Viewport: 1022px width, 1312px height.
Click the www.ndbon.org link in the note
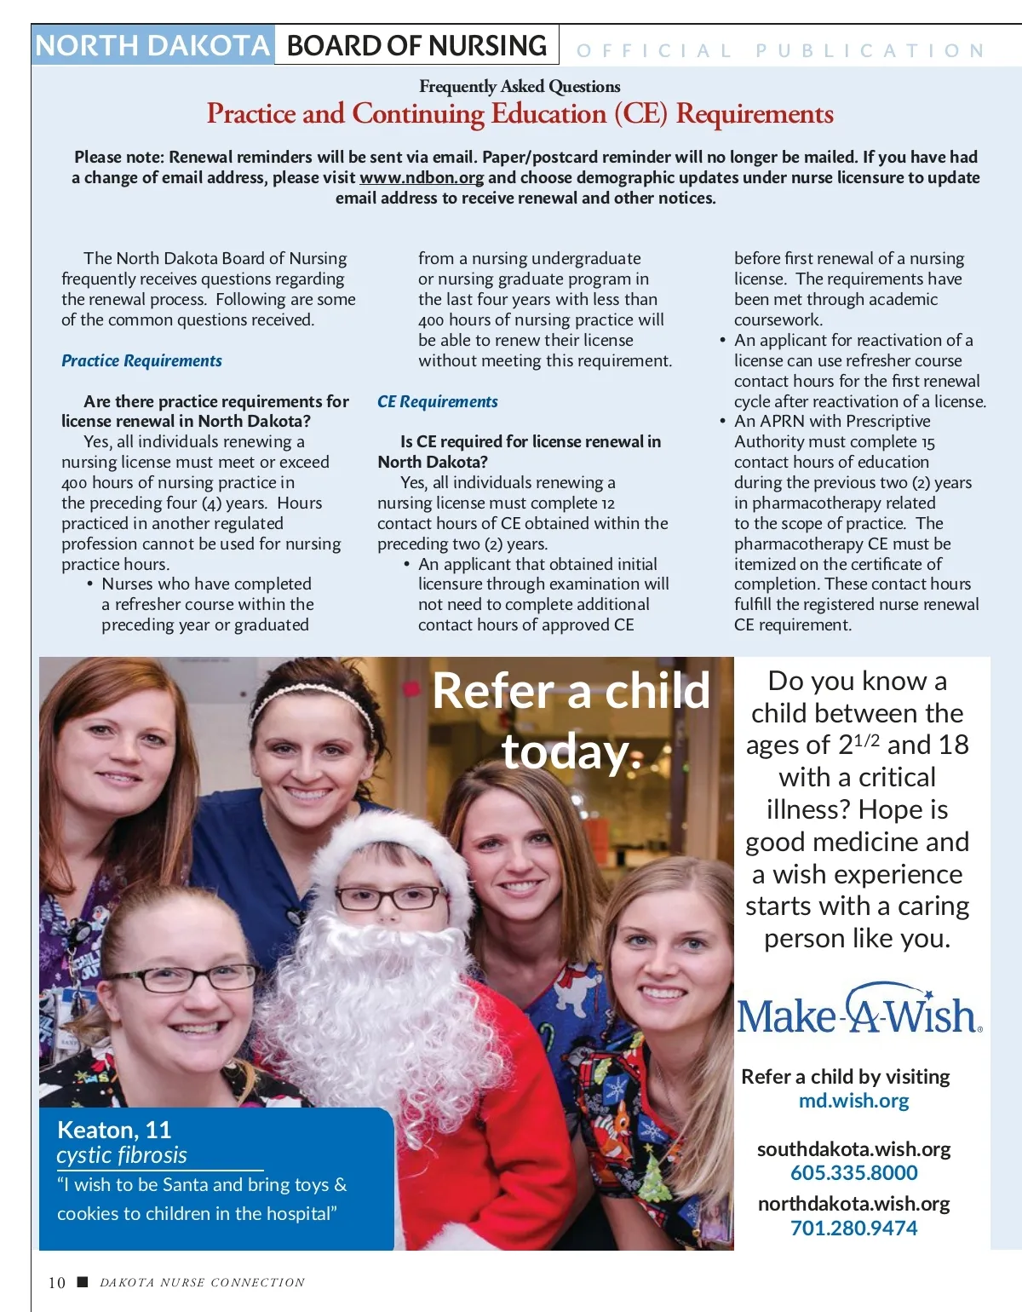point(422,178)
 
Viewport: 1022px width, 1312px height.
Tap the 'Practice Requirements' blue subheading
point(141,361)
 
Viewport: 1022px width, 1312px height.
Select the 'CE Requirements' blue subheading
point(438,402)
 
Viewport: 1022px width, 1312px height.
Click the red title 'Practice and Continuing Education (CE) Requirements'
point(520,114)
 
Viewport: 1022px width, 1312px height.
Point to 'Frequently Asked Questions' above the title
point(520,87)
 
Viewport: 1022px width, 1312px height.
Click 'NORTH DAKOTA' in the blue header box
point(152,46)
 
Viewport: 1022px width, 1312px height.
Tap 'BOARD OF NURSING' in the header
point(416,46)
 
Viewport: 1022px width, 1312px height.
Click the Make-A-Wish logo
point(858,1011)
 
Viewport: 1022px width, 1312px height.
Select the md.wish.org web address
point(853,1101)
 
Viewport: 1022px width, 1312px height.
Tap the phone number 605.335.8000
point(853,1173)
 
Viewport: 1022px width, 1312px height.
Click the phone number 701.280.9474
point(853,1229)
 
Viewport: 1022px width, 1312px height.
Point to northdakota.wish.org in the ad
point(853,1204)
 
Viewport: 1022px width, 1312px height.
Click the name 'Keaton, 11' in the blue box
point(114,1131)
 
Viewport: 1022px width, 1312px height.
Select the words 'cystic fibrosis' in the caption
point(122,1156)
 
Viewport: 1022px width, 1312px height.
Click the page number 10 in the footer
point(57,1283)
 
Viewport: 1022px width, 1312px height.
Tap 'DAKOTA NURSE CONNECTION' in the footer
point(202,1283)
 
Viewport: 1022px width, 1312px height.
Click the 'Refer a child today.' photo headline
point(571,721)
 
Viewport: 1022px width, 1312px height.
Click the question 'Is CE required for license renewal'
point(530,442)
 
